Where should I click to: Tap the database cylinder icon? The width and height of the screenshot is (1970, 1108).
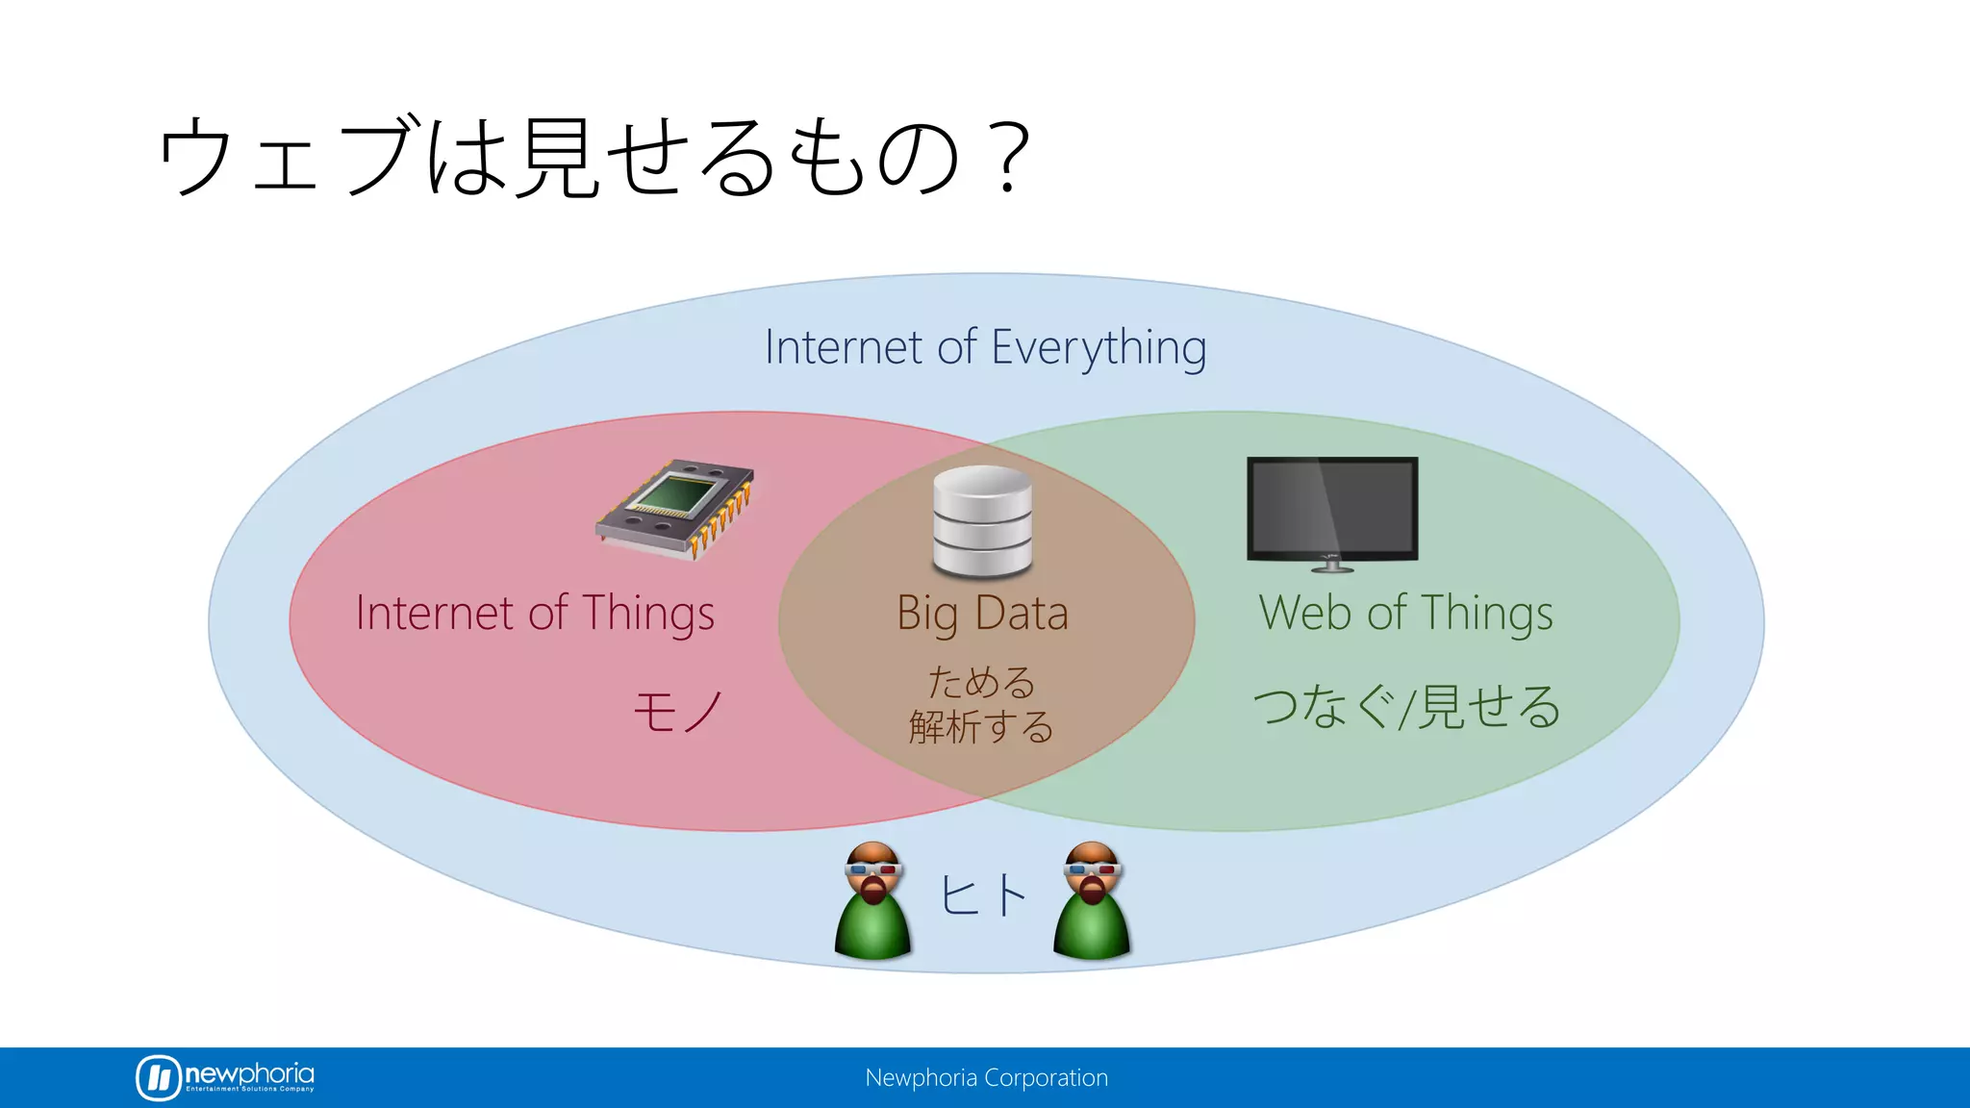[982, 522]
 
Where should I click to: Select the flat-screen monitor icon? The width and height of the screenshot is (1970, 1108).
[1332, 509]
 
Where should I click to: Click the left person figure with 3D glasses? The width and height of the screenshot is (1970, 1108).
[872, 902]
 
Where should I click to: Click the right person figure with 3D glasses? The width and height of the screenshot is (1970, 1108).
[1092, 902]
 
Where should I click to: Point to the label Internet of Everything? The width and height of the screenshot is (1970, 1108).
[985, 347]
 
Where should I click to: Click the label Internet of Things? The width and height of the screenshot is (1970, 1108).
[535, 614]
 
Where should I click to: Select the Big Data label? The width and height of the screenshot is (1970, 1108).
[982, 614]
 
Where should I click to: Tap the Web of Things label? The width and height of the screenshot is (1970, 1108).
[1405, 614]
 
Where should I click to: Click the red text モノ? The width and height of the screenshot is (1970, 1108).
[678, 712]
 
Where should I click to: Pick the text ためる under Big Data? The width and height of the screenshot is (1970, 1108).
[981, 682]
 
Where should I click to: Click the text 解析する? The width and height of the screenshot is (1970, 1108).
[981, 727]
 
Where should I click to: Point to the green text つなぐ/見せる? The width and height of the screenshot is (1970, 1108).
[1405, 707]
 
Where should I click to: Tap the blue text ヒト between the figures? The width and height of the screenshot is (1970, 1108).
[982, 895]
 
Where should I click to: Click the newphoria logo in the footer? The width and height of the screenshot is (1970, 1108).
[225, 1077]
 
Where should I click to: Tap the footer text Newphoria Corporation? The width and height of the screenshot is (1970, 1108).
[986, 1078]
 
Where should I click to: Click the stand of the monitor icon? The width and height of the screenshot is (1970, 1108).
[1332, 565]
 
